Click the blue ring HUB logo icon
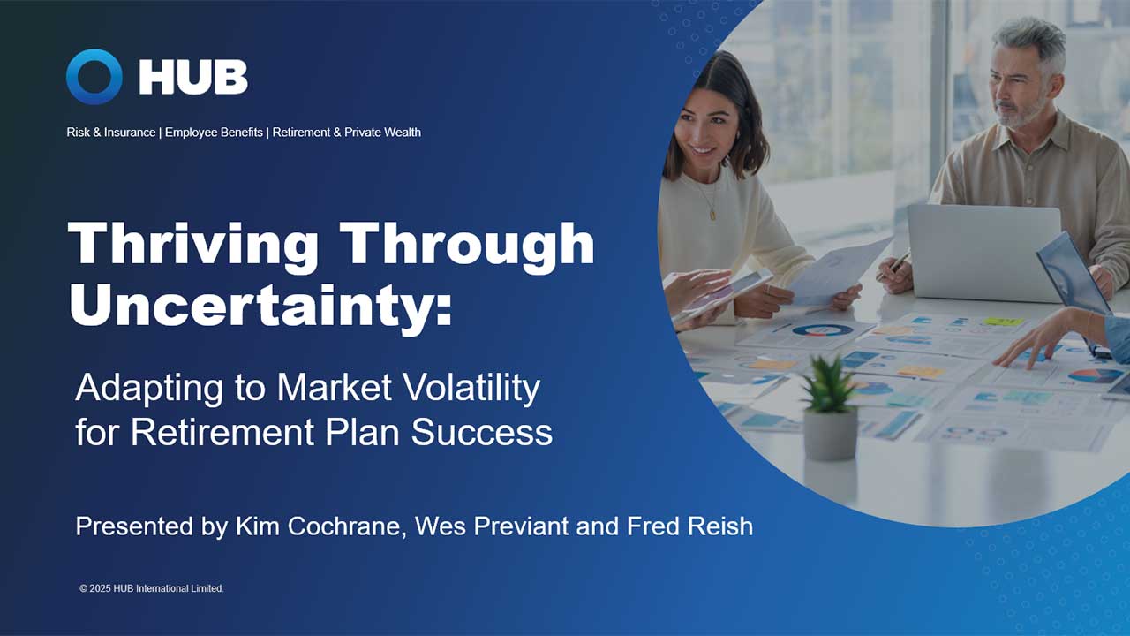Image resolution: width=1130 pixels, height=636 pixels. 94,77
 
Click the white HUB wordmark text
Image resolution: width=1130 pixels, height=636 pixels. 192,78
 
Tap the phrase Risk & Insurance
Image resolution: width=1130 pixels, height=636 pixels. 110,132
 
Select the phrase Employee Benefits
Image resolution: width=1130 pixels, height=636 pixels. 214,132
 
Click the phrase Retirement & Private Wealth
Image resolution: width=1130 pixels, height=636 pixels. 346,132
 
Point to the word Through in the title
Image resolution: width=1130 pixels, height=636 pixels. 467,244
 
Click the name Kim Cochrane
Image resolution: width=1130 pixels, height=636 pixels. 319,526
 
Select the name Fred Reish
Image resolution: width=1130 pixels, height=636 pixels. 689,526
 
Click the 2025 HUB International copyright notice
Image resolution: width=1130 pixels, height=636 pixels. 151,588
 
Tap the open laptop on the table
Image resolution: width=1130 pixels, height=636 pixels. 983,252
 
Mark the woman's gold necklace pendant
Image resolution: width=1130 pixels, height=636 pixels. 712,213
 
